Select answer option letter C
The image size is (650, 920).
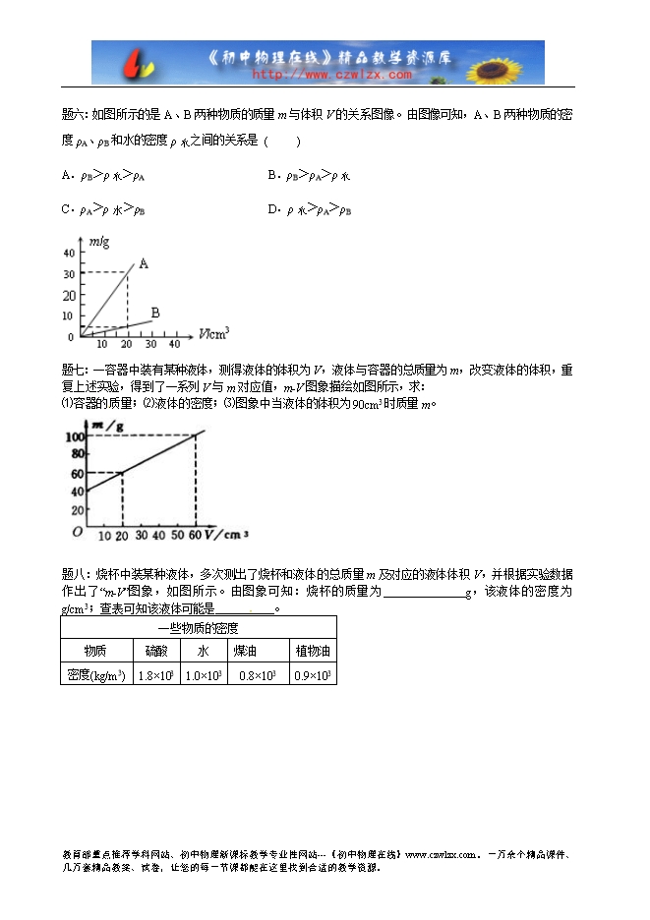[66, 209]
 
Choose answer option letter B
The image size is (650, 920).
[272, 176]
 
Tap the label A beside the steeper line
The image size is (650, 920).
[144, 263]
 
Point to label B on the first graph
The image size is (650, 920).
[155, 313]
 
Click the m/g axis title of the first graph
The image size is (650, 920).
[98, 241]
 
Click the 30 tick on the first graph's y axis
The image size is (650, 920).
[68, 272]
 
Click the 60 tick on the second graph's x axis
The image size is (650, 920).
[194, 535]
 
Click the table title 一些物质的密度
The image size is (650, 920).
[199, 627]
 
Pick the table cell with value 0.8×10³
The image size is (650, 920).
[257, 674]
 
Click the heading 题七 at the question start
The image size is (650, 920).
[75, 370]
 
